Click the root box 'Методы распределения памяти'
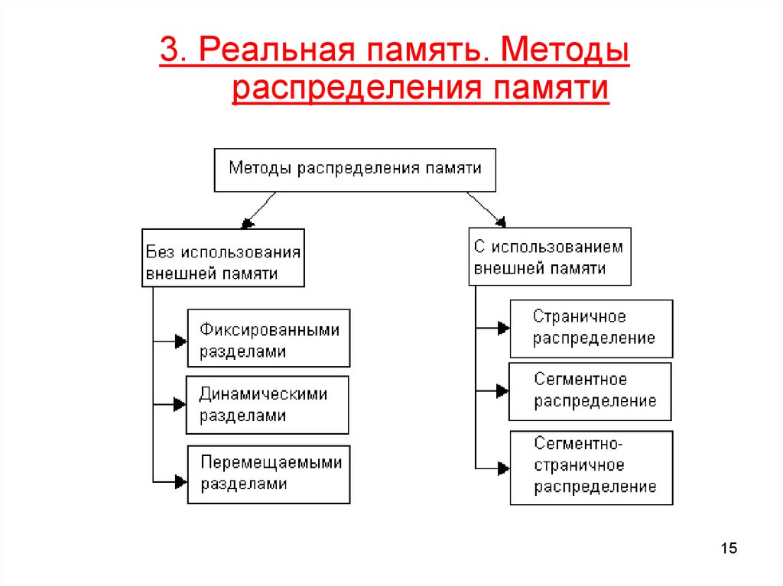point(354,170)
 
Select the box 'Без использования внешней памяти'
point(223,257)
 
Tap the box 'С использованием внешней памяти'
point(550,257)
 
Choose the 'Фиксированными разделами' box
point(268,338)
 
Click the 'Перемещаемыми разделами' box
point(268,474)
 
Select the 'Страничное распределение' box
point(591,329)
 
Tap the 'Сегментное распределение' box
point(590,391)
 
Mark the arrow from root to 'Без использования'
point(258,209)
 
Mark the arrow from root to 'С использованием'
point(486,209)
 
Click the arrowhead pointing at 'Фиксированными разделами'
point(180,341)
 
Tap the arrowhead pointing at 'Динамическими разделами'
point(180,405)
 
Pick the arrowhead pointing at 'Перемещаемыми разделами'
point(180,481)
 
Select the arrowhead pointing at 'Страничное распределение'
point(502,329)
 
